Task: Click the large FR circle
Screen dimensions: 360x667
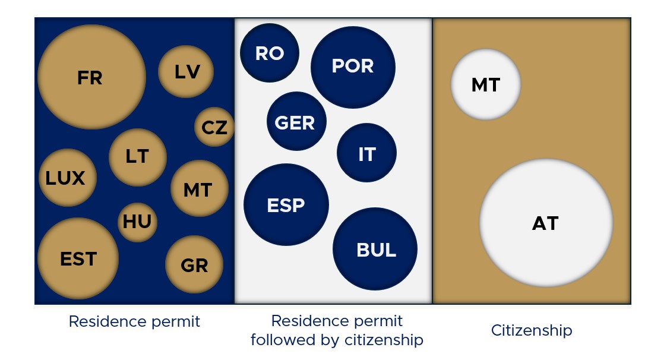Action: coord(91,77)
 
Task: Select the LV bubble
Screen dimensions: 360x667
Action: coord(186,71)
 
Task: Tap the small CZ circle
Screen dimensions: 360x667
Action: coord(214,127)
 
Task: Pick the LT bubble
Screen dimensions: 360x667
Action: coord(137,157)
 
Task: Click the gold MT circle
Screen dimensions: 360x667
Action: coord(199,189)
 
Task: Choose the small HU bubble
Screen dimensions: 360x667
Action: coord(137,222)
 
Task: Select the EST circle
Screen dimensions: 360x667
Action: coord(78,258)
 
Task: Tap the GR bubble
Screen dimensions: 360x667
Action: coord(194,265)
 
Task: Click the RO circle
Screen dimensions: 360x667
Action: coord(270,53)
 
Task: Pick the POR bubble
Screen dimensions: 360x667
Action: coord(353,66)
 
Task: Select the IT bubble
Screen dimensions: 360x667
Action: coord(366,153)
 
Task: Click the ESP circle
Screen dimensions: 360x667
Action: coord(286,204)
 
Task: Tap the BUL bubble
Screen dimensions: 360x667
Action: coord(375,249)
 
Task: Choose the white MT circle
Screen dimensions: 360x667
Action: coord(486,84)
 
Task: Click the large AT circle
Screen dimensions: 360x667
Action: coord(546,223)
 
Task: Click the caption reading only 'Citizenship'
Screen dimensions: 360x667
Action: coord(532,330)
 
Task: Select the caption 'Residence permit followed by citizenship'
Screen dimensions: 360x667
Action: coord(337,330)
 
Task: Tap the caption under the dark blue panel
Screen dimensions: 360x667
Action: coord(134,321)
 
